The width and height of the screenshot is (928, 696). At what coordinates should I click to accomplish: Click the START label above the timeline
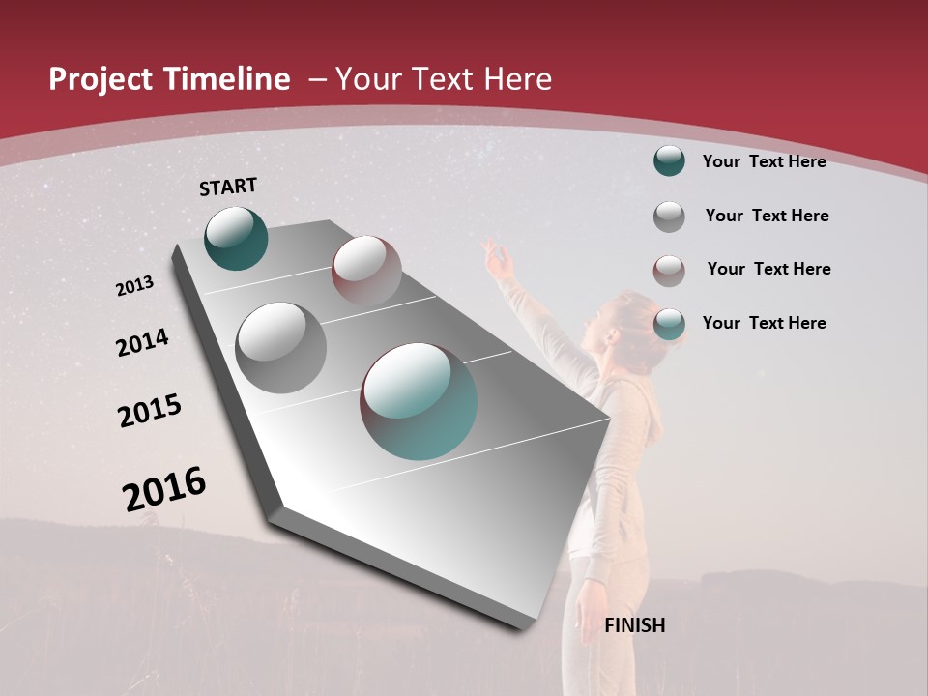[x=228, y=187]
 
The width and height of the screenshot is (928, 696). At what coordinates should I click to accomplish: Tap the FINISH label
[x=634, y=625]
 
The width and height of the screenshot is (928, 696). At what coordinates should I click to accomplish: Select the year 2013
[x=134, y=286]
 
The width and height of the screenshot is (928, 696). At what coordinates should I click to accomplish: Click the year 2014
[x=142, y=343]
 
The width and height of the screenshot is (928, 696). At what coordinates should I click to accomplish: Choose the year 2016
[x=164, y=489]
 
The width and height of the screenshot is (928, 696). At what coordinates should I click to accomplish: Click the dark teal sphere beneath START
[x=236, y=238]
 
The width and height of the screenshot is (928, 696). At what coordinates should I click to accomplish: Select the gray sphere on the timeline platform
[x=280, y=347]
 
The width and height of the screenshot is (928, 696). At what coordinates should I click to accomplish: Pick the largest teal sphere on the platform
[x=419, y=400]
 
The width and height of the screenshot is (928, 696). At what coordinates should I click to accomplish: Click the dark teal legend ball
[x=669, y=161]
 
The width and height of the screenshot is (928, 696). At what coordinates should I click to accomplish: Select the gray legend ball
[x=669, y=217]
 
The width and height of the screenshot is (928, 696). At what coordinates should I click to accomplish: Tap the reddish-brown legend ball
[x=669, y=270]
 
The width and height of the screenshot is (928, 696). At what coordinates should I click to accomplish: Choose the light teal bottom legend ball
[x=669, y=324]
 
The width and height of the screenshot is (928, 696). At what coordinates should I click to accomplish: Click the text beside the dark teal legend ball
[x=764, y=161]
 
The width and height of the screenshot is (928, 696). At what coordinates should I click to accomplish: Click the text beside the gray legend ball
[x=767, y=216]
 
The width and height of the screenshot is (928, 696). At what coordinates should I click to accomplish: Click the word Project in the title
[x=101, y=79]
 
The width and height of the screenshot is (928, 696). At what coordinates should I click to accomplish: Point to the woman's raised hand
[x=496, y=257]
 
